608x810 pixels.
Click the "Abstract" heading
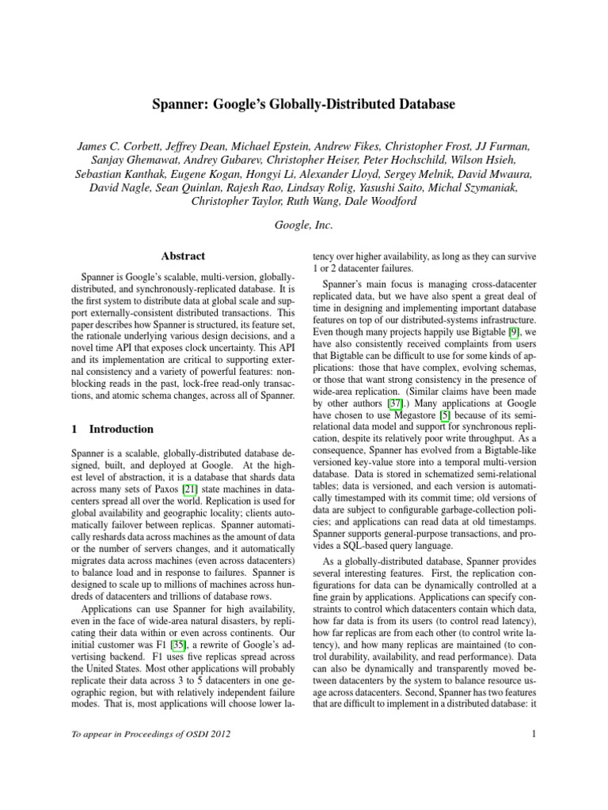183,256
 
